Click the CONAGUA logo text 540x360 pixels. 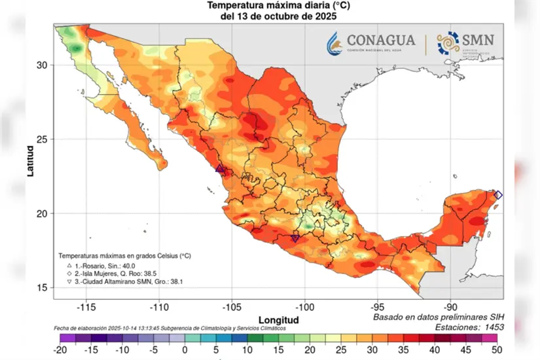click(381, 40)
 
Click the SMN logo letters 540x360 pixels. click(476, 39)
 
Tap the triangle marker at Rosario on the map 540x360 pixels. click(220, 169)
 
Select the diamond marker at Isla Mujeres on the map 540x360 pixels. click(498, 195)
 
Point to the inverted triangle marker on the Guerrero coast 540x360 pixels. click(295, 239)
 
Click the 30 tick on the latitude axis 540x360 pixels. click(42, 65)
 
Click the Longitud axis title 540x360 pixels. click(278, 320)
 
